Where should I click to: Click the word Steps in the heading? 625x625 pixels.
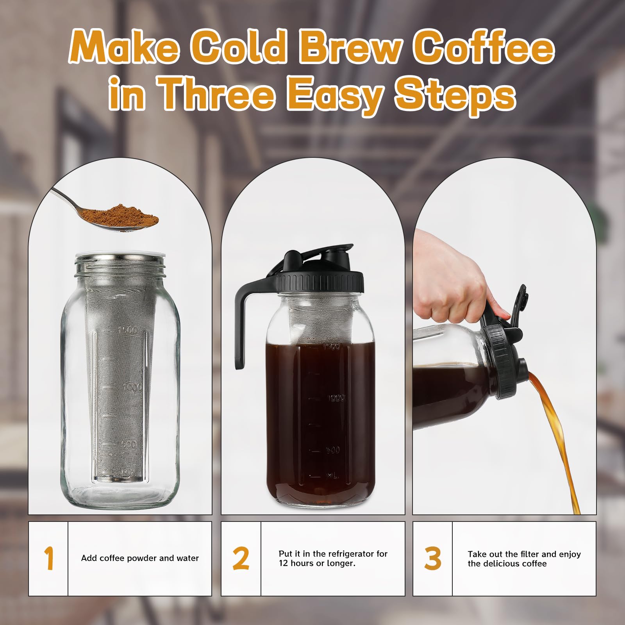(455, 95)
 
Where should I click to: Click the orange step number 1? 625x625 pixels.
(48, 559)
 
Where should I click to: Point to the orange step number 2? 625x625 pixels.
(241, 559)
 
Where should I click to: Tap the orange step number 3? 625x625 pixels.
(432, 559)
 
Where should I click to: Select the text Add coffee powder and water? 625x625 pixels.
(140, 558)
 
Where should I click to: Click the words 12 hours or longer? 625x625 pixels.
(317, 563)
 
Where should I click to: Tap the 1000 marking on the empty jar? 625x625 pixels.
(132, 388)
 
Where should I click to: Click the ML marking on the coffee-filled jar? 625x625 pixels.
(332, 475)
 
